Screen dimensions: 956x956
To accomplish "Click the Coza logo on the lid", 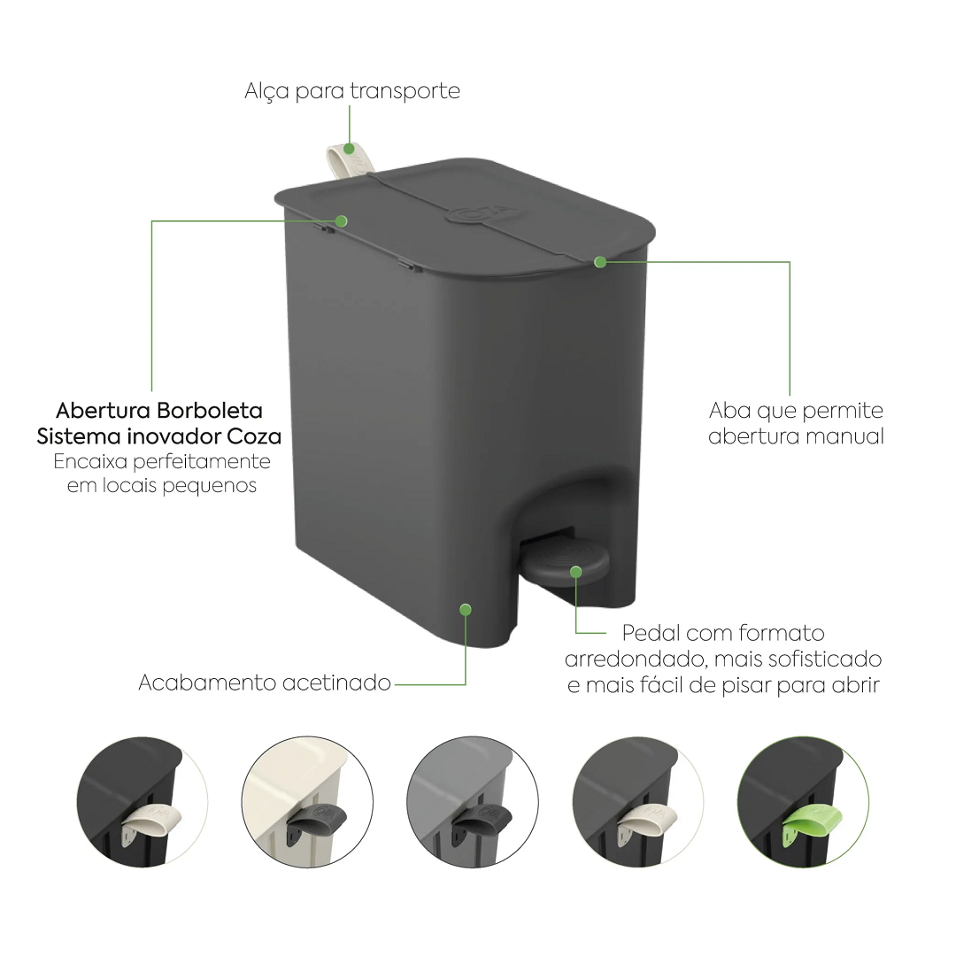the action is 481,212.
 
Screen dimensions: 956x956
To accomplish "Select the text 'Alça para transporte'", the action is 352,91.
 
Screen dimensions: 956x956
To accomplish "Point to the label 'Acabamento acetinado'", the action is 265,682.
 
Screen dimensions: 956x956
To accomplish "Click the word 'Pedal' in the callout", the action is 651,633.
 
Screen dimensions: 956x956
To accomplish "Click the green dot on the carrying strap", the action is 350,148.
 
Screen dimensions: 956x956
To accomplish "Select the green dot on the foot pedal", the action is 576,572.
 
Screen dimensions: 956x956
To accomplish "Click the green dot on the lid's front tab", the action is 600,262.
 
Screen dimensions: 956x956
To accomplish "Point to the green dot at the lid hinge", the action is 342,220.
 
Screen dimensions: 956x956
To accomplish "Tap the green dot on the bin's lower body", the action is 466,610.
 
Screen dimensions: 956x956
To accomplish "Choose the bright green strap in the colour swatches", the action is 812,821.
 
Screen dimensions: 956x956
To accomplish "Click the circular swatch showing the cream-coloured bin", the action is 307,802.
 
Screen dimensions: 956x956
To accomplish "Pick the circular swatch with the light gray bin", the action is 473,802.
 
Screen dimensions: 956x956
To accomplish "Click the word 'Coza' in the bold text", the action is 254,436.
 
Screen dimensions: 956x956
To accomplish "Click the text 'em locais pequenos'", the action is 162,486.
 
